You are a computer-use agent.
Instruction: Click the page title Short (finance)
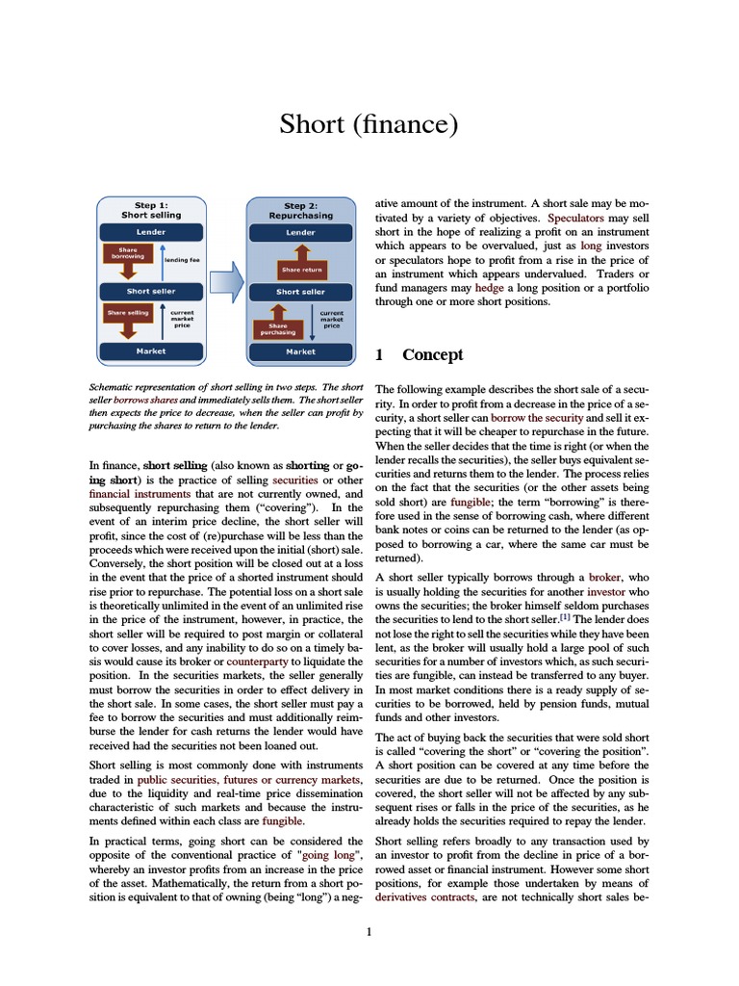click(369, 124)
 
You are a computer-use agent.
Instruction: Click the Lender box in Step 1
click(150, 232)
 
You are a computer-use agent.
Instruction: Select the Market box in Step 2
click(300, 351)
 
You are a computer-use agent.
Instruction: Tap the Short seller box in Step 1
click(150, 291)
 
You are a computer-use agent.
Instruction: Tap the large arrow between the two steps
click(226, 282)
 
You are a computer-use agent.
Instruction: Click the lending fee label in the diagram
click(182, 260)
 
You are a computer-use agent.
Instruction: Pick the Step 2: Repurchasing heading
click(300, 211)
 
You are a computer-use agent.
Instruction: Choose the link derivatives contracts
click(424, 896)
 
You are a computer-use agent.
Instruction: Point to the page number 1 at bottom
click(369, 932)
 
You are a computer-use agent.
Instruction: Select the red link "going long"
click(329, 854)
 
